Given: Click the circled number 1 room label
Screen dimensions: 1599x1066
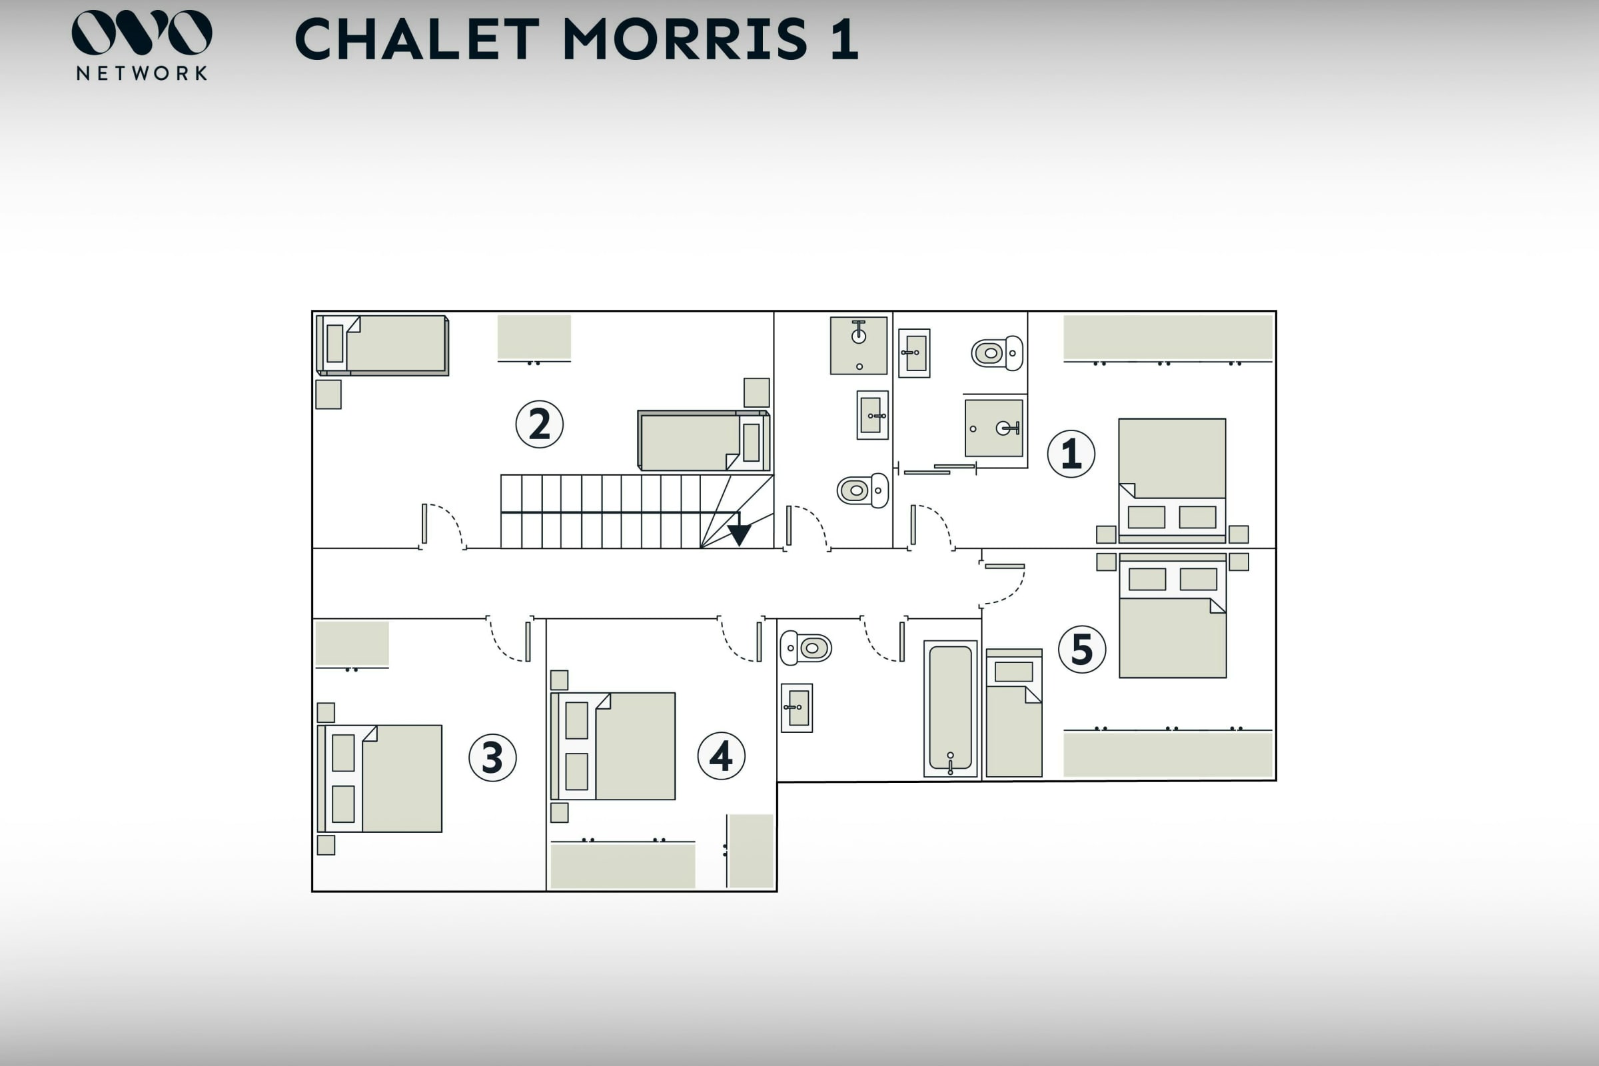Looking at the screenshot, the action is (1071, 454).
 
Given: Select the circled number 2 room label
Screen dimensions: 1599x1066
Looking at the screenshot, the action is (539, 424).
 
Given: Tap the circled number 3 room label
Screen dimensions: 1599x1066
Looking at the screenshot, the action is (492, 758).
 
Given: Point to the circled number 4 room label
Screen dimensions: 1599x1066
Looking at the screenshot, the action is (722, 756).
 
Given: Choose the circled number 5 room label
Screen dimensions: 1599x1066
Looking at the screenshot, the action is (1081, 649).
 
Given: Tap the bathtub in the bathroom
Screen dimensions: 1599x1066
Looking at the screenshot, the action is (951, 708).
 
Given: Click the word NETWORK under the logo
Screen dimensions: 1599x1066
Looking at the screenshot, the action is (141, 73).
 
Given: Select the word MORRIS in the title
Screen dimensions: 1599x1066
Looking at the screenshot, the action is (686, 39).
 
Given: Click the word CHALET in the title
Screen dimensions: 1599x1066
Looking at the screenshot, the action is (418, 39).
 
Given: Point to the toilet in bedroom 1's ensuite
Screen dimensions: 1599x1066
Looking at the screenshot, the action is (997, 353).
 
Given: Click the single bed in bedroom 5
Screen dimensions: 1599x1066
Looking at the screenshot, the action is (1013, 712).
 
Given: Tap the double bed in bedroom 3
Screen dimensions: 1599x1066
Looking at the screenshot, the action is (379, 778).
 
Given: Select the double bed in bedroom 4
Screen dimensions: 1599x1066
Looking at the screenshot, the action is (612, 746).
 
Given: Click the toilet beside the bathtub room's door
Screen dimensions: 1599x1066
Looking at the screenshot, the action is (805, 648).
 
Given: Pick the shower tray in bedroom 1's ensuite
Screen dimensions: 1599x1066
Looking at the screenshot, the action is (994, 428).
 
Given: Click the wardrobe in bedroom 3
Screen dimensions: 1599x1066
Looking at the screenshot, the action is (352, 644).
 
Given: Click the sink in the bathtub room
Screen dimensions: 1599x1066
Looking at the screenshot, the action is (797, 708).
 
